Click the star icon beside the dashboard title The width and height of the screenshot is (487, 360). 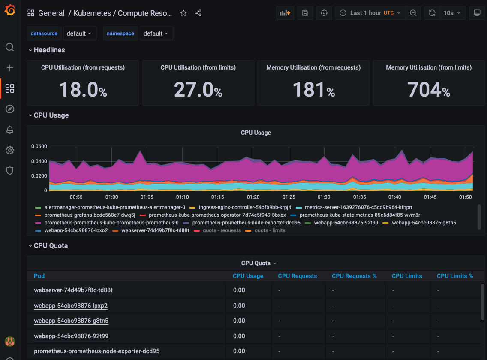click(183, 13)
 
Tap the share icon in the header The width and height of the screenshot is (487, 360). click(198, 13)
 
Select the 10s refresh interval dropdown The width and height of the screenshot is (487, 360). click(452, 13)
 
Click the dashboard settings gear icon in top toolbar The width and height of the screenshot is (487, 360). click(324, 13)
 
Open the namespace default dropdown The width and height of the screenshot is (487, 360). click(156, 33)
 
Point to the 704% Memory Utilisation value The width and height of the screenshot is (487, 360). click(429, 90)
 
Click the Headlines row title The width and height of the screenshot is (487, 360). click(49, 50)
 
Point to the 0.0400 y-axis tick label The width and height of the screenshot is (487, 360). click(39, 161)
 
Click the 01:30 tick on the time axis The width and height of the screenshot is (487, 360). click(324, 197)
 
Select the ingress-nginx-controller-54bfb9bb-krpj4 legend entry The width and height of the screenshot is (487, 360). click(245, 207)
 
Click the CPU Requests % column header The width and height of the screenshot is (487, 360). click(354, 276)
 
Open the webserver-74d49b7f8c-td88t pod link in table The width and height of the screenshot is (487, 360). click(73, 290)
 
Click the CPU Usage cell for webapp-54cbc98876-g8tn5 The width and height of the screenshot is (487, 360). click(239, 321)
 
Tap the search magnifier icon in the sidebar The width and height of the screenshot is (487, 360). click(10, 47)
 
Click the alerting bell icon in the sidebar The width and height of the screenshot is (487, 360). click(10, 130)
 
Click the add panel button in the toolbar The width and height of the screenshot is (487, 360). click(285, 13)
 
